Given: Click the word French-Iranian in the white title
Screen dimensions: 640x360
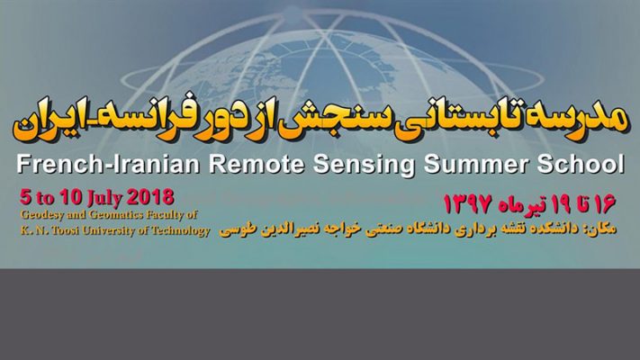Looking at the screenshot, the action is pyautogui.click(x=109, y=164).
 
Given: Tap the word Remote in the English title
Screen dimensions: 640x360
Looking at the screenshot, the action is pyautogui.click(x=257, y=164).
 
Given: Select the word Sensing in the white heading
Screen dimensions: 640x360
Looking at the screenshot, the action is pyautogui.click(x=364, y=165).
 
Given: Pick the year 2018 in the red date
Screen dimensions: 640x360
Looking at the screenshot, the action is pyautogui.click(x=150, y=198).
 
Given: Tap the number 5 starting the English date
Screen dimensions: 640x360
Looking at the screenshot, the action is pyautogui.click(x=25, y=198).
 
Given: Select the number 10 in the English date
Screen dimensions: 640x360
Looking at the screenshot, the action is pyautogui.click(x=71, y=198).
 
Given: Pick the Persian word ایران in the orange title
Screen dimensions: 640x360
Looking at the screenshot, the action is pyautogui.click(x=46, y=123).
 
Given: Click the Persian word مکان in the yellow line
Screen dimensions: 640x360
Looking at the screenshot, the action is pyautogui.click(x=603, y=229).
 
